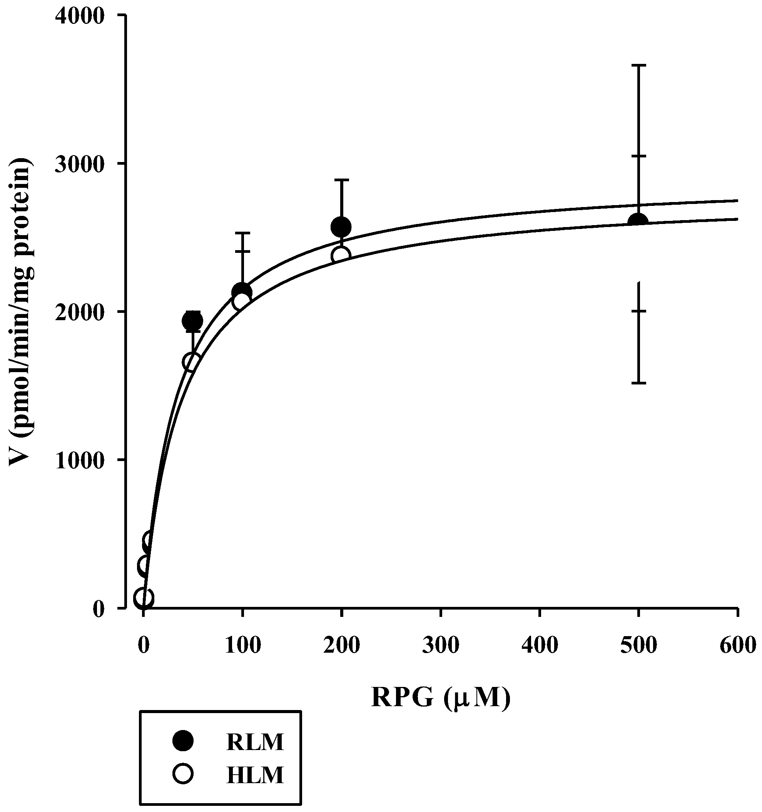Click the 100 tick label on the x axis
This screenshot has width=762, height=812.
tap(242, 646)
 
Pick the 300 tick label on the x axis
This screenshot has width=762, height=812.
tap(441, 646)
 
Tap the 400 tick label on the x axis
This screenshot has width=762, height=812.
tap(540, 646)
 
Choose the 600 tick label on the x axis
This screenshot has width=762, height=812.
tap(738, 646)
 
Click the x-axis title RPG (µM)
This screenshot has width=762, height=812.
tap(441, 698)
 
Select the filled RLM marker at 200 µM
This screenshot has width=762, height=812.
tap(341, 227)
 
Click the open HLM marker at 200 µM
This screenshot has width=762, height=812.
tap(341, 256)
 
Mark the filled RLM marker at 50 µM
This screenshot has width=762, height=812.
tap(192, 321)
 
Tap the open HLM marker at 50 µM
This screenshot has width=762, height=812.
tap(192, 362)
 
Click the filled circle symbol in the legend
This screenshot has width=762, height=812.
tap(182, 740)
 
